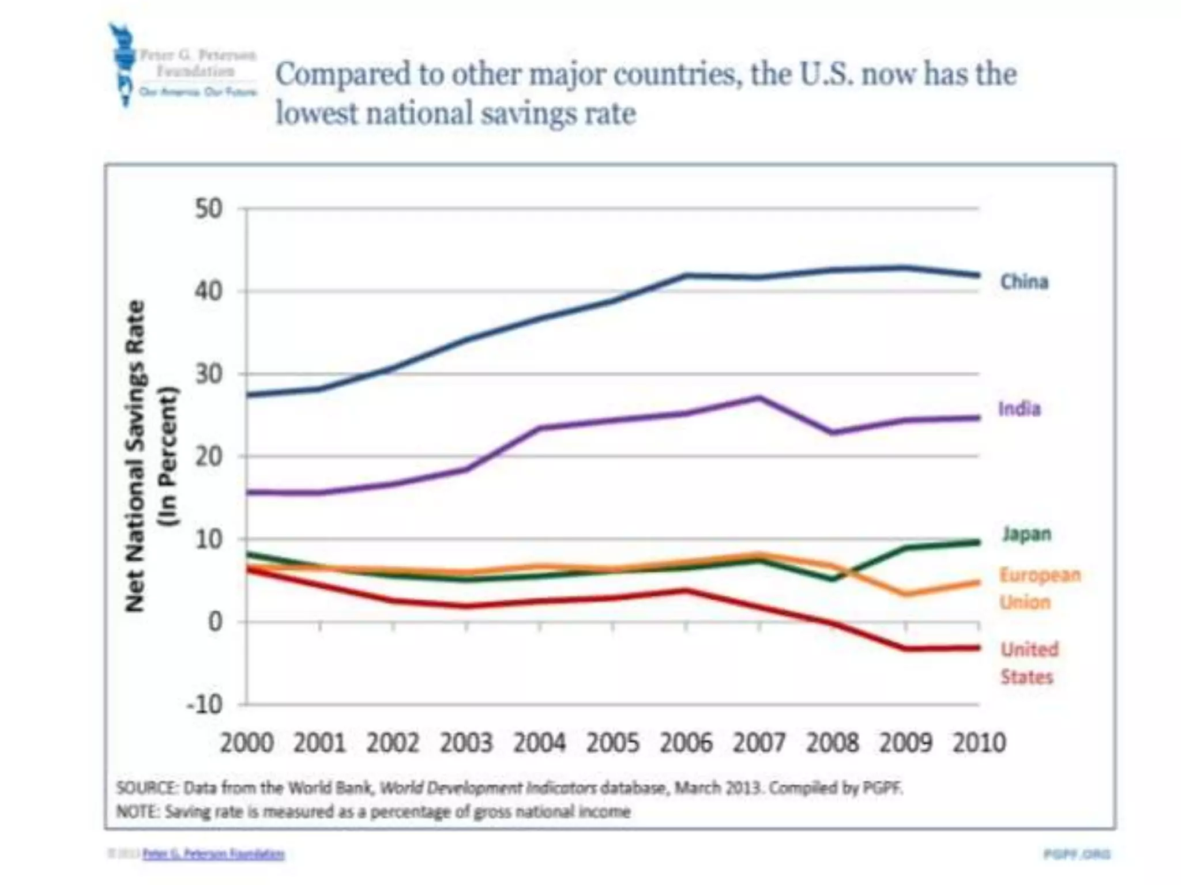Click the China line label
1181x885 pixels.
pyautogui.click(x=1024, y=282)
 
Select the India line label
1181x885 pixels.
pyautogui.click(x=1020, y=409)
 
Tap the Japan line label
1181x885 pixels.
pyautogui.click(x=1026, y=534)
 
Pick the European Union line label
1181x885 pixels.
pyautogui.click(x=1039, y=588)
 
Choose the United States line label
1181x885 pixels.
pyautogui.click(x=1029, y=663)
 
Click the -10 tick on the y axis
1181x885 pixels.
pyautogui.click(x=205, y=704)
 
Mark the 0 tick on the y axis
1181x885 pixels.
pyautogui.click(x=215, y=622)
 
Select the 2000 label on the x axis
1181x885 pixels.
pyautogui.click(x=247, y=743)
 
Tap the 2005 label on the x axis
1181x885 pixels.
pyautogui.click(x=613, y=743)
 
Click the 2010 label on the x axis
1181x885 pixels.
pyautogui.click(x=979, y=743)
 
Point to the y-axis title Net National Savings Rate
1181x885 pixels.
pyautogui.click(x=135, y=455)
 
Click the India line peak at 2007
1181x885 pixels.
pyautogui.click(x=759, y=397)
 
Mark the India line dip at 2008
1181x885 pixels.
pyautogui.click(x=833, y=433)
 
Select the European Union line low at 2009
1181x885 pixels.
pyautogui.click(x=906, y=594)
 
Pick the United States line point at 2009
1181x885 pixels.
pyautogui.click(x=906, y=649)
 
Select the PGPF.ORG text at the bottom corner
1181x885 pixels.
pyautogui.click(x=1077, y=854)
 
